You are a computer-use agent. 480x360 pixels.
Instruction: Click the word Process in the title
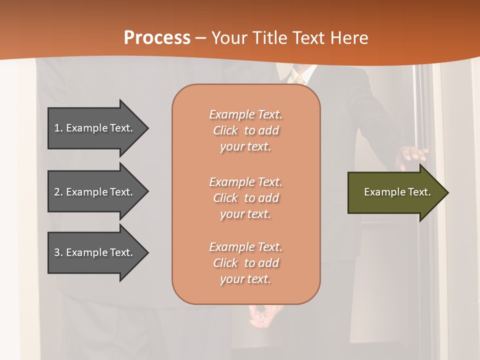[157, 38]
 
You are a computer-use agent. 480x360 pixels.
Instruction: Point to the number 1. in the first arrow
[58, 128]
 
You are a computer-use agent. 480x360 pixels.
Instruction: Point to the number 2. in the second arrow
[58, 192]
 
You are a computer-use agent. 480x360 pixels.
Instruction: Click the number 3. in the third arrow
[58, 252]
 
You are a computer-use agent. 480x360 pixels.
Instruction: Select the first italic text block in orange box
[245, 130]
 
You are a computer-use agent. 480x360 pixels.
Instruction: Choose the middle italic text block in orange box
[245, 198]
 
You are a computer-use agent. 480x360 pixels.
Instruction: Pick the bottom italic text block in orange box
[245, 263]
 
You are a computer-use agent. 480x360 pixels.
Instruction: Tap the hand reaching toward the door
[411, 156]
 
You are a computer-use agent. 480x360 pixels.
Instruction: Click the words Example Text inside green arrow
[397, 192]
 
